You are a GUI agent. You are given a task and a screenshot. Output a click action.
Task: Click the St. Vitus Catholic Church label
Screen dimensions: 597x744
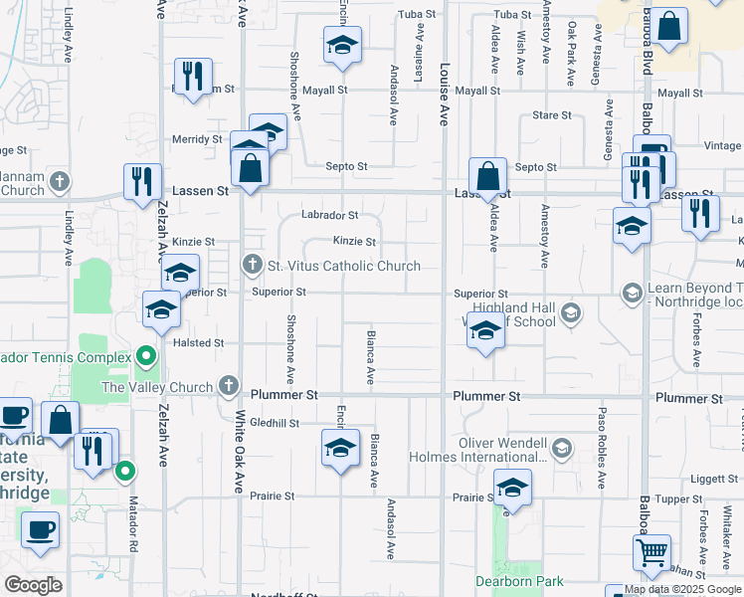[343, 266]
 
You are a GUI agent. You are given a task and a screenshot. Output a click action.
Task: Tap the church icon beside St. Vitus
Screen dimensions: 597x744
[251, 266]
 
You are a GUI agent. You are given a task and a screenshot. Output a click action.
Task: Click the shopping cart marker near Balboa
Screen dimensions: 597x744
[651, 552]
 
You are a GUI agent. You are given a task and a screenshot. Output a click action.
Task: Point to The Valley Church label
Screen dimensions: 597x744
[157, 387]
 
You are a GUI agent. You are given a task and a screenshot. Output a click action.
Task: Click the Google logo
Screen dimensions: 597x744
[33, 584]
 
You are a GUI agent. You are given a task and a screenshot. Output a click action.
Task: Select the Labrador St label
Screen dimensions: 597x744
[330, 215]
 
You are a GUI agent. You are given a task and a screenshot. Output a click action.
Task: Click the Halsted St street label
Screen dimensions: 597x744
[199, 342]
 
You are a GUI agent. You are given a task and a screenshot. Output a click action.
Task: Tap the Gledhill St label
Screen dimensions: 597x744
[275, 423]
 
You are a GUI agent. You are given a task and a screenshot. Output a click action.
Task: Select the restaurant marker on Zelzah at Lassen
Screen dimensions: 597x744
[143, 181]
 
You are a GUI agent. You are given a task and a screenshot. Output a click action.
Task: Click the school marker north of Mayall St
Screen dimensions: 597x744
[342, 45]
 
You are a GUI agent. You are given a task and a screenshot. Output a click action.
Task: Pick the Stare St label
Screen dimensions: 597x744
[552, 115]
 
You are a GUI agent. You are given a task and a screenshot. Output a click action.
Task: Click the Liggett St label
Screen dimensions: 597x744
[712, 479]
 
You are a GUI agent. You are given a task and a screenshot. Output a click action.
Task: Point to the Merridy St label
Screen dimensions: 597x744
[197, 139]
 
